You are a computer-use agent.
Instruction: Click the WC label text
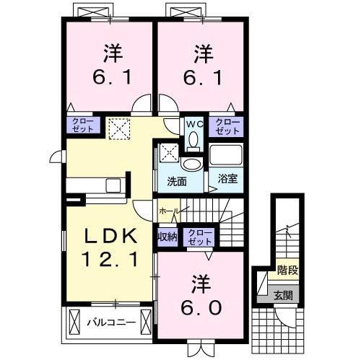tap(193, 124)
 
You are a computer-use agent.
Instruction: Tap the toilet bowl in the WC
tap(193, 141)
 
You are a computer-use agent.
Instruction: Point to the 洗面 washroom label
tap(177, 180)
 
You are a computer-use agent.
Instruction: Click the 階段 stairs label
tap(287, 271)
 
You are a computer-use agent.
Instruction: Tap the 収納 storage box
tap(167, 237)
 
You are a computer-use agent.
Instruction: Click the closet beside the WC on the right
tap(227, 127)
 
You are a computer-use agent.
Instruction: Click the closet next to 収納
tap(198, 237)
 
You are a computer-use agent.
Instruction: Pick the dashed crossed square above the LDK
tap(117, 129)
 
